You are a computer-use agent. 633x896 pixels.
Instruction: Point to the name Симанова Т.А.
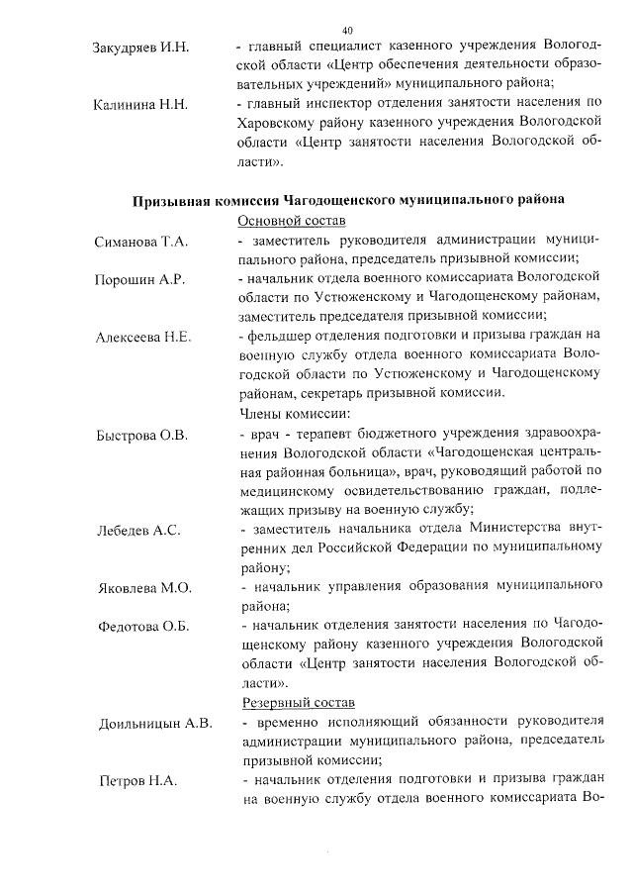coord(141,242)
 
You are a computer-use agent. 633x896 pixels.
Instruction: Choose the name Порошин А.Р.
coord(139,280)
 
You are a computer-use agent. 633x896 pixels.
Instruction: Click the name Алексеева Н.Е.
coord(143,338)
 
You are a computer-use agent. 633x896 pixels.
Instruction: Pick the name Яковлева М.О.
coord(144,588)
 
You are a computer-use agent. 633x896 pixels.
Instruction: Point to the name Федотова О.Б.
coord(144,627)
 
